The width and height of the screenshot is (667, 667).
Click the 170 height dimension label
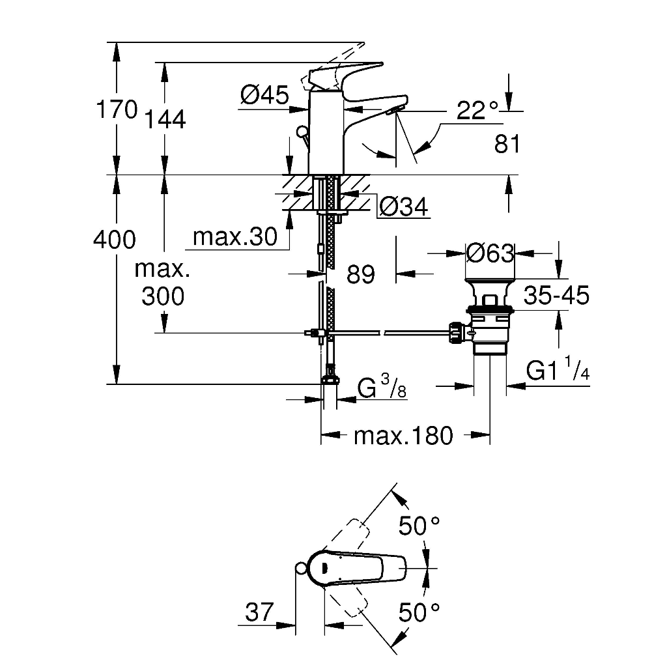[x=117, y=109]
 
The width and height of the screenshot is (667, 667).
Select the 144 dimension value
[x=165, y=119]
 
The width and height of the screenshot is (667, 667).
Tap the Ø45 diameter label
[x=264, y=94]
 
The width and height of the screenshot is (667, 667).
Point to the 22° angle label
[x=477, y=110]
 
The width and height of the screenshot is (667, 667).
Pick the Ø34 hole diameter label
[x=403, y=207]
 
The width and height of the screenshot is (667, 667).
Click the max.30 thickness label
[x=234, y=236]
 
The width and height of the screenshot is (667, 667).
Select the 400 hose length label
[x=115, y=240]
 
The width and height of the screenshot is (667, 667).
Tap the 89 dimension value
[x=361, y=274]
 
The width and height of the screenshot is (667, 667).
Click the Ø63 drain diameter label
[x=490, y=253]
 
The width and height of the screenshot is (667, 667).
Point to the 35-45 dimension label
[x=556, y=295]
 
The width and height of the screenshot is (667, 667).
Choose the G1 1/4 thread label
[x=558, y=369]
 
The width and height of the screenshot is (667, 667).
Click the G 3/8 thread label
[x=382, y=386]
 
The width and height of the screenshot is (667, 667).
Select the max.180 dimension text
[x=403, y=436]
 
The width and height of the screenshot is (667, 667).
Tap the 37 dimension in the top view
[x=259, y=612]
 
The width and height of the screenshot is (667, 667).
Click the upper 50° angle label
[x=419, y=526]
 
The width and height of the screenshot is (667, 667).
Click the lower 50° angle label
[x=419, y=612]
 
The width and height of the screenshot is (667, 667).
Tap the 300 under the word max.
[x=163, y=296]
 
